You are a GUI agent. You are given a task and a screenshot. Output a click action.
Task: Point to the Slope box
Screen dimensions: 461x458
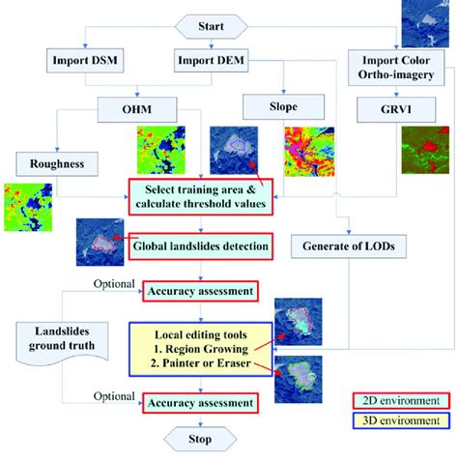283,105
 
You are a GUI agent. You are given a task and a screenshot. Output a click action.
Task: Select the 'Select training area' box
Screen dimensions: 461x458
206,196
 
